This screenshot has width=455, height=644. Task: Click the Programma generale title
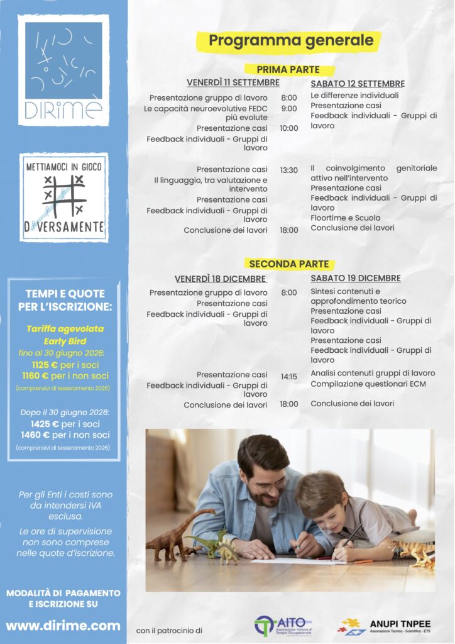[290, 42]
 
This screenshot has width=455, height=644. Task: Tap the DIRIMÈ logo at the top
[63, 69]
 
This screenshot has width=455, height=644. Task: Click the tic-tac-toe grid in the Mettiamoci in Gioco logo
[63, 195]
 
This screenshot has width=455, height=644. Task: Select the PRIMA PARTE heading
[288, 70]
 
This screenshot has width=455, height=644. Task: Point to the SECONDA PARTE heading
[288, 264]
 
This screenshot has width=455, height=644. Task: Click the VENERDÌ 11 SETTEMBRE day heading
[233, 83]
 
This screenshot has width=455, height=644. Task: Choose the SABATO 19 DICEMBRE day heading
[355, 278]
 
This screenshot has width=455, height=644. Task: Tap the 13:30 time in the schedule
[289, 170]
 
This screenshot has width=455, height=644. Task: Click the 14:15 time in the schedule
[289, 377]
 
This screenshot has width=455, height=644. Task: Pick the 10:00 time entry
[289, 128]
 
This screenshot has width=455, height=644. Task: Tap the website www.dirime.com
[63, 626]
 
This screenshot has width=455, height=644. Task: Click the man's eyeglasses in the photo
[271, 485]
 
